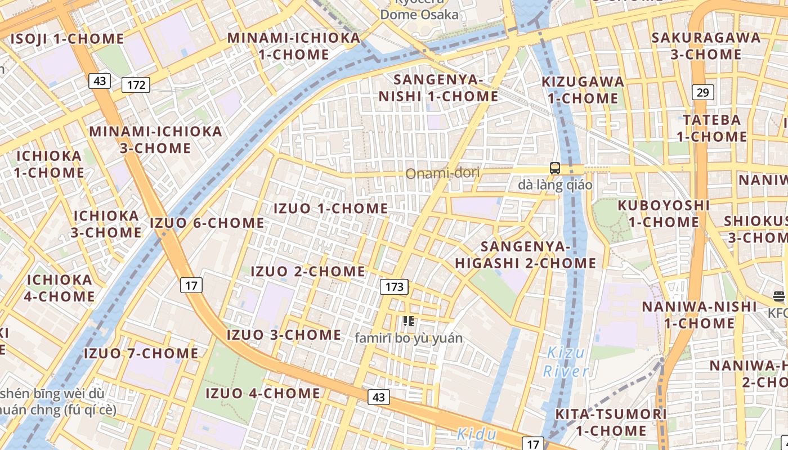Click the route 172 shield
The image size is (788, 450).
tap(136, 85)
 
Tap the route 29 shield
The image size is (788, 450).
tap(702, 92)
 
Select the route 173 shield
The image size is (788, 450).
tap(395, 287)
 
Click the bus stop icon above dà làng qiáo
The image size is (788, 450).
tap(555, 168)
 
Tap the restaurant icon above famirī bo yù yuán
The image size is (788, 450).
tap(409, 321)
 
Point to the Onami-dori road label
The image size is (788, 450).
tap(443, 173)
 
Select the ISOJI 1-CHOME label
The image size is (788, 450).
tap(67, 39)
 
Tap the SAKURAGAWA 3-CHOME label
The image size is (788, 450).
tap(706, 46)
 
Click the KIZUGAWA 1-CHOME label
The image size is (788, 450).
tap(583, 90)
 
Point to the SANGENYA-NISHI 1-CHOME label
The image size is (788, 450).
tap(438, 88)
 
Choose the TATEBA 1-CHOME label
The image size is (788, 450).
tap(712, 128)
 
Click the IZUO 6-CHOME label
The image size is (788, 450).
tap(207, 223)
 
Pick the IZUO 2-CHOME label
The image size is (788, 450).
tap(308, 271)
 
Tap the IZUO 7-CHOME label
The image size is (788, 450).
tap(141, 353)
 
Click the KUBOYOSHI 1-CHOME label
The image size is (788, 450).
tap(664, 214)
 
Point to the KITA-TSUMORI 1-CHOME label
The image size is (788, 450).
tap(611, 422)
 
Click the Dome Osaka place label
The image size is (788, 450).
tap(419, 15)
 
